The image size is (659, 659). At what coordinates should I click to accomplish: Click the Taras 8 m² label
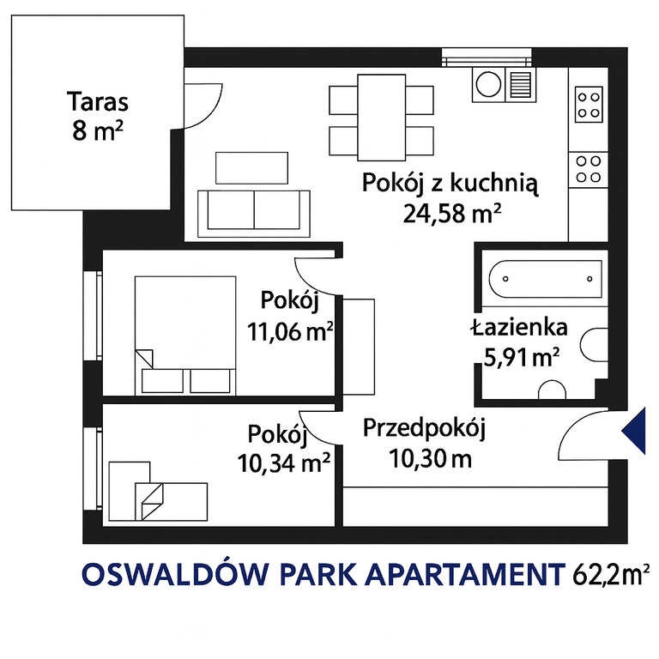[x=98, y=116]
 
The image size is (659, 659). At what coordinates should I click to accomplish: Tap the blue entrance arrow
[x=635, y=431]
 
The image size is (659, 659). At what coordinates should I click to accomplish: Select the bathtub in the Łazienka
[x=546, y=279]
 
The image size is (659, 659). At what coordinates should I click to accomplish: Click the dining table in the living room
[x=382, y=118]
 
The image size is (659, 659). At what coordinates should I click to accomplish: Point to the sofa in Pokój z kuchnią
[x=254, y=214]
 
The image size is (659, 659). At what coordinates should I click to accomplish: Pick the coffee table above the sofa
[x=251, y=167]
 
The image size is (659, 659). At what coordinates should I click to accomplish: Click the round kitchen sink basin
[x=488, y=84]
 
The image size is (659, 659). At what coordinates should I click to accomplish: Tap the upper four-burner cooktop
[x=589, y=104]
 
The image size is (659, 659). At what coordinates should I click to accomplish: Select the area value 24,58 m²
[x=452, y=214]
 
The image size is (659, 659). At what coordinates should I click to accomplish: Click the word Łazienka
[x=519, y=329]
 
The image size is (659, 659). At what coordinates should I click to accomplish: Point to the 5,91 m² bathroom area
[x=522, y=358]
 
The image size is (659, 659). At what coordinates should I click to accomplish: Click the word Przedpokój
[x=425, y=429]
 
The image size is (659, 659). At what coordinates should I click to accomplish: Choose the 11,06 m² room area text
[x=290, y=332]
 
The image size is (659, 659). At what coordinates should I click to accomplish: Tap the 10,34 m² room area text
[x=283, y=463]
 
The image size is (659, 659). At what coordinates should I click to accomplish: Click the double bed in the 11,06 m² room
[x=185, y=336]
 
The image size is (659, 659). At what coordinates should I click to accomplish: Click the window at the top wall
[x=487, y=58]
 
